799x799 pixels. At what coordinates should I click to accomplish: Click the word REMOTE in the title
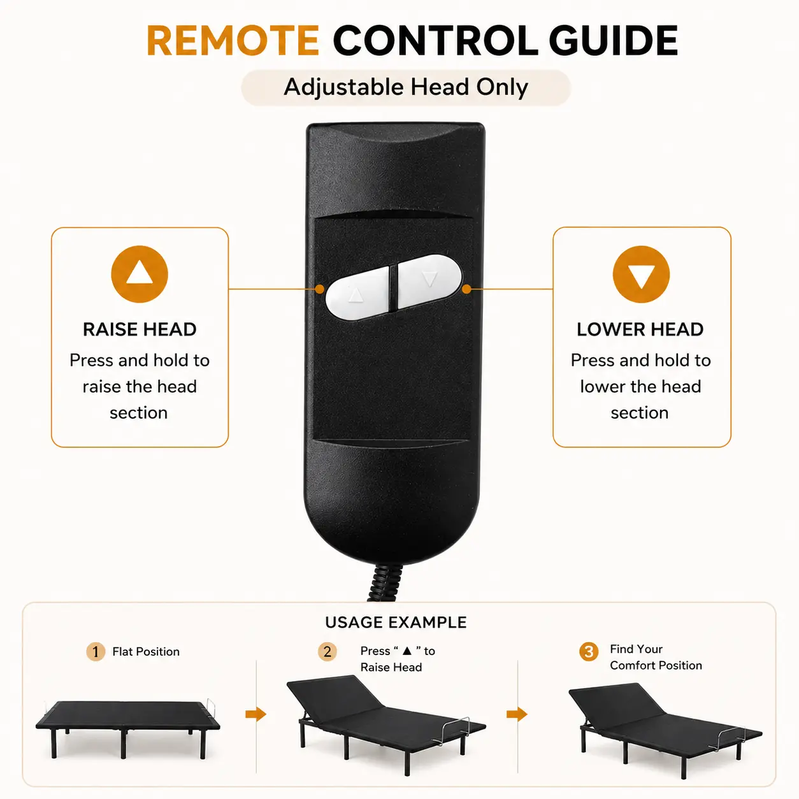(233, 40)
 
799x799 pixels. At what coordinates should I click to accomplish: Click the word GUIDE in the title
(613, 40)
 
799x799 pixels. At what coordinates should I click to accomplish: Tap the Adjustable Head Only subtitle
(406, 87)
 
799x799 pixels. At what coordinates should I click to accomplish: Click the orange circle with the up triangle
(140, 274)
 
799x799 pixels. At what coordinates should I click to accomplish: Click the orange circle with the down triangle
(641, 274)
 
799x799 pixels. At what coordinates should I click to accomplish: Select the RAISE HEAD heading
(140, 329)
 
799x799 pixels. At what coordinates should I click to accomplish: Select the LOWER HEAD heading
(640, 329)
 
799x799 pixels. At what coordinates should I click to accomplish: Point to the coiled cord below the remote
(385, 582)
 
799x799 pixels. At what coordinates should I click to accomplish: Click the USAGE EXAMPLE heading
(396, 623)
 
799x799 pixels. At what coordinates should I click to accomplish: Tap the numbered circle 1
(96, 651)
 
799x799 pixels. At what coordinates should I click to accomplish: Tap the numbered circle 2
(327, 651)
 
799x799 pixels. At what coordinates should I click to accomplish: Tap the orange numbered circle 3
(589, 651)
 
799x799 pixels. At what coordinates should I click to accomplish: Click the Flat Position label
(146, 651)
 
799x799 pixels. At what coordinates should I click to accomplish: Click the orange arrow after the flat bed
(256, 714)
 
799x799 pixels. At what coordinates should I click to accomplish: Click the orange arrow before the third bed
(517, 714)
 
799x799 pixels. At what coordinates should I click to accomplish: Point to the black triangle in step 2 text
(407, 651)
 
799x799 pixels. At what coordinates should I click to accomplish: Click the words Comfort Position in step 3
(656, 665)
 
